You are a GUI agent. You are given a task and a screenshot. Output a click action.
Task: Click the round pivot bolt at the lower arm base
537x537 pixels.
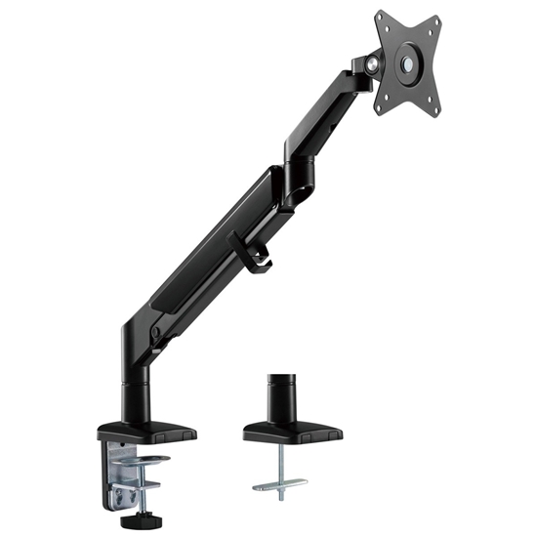pyautogui.click(x=155, y=335)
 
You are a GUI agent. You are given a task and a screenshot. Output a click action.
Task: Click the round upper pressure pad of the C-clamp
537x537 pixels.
pyautogui.click(x=145, y=458)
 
